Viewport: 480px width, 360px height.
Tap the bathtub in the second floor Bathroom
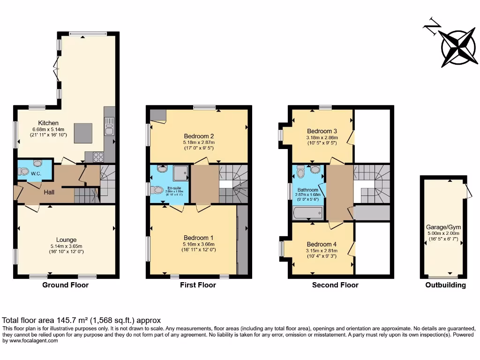307,213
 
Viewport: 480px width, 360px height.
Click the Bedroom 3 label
322,131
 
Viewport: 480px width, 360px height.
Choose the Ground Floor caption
65,285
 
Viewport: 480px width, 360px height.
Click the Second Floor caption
335,285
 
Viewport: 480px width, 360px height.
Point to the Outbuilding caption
445,285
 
